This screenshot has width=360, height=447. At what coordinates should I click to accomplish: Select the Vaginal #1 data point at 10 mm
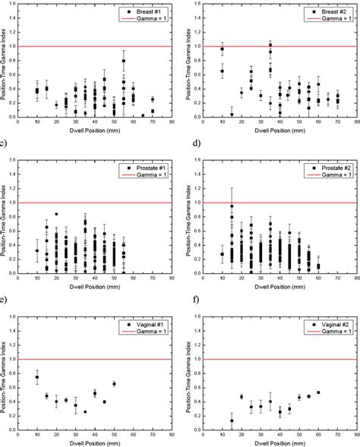point(37,377)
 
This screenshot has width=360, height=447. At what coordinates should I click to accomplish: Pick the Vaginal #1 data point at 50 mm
point(114,384)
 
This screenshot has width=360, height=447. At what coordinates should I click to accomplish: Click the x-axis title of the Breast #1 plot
point(95,132)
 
